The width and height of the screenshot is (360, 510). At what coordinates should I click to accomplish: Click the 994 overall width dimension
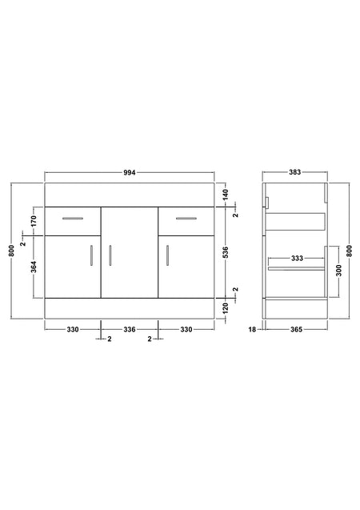click(130, 173)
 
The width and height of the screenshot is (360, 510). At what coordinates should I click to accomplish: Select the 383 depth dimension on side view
click(295, 172)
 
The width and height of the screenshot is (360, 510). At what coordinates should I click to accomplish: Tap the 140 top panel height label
click(226, 195)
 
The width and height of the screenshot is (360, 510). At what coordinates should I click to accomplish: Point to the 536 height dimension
click(226, 252)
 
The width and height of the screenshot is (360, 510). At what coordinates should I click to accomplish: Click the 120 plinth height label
click(226, 307)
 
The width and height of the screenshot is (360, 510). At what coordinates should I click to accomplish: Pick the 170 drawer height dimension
click(34, 221)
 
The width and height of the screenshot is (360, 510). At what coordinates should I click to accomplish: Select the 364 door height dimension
click(34, 267)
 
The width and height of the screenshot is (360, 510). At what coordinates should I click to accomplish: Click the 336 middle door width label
click(130, 330)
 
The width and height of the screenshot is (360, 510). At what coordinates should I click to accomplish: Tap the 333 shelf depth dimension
click(297, 259)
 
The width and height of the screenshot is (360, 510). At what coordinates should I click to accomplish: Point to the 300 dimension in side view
click(339, 271)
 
